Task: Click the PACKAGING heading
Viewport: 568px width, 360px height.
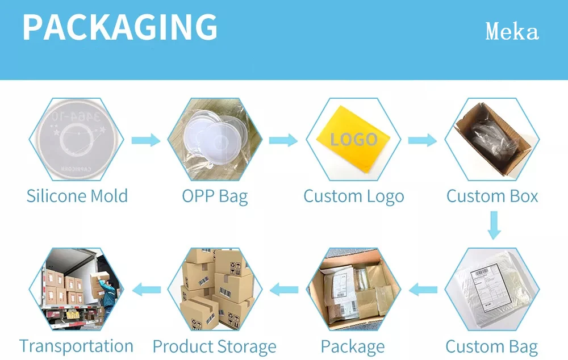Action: tap(120, 27)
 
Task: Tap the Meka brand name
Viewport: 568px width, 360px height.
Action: tap(512, 32)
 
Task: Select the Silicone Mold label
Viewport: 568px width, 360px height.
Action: tap(77, 196)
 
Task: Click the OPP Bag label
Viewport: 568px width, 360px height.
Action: tap(215, 197)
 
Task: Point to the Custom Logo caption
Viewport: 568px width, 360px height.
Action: tap(353, 197)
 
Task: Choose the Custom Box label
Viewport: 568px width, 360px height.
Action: tap(492, 197)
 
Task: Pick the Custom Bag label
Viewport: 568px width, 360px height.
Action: tap(491, 346)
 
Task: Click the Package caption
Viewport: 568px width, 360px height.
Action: tap(353, 346)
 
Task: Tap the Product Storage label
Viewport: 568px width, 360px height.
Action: tap(214, 346)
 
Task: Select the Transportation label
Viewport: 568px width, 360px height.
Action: tap(76, 346)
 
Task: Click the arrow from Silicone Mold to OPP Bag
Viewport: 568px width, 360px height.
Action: tap(146, 140)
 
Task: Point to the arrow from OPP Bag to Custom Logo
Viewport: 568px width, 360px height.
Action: tap(283, 140)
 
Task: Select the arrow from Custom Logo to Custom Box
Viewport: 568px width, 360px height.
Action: tap(422, 140)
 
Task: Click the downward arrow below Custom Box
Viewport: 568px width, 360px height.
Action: tap(494, 225)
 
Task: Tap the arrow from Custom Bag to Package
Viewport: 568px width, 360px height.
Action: tap(423, 290)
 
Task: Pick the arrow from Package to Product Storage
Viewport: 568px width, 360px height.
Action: tap(283, 290)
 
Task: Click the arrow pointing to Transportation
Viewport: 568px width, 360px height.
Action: tap(146, 290)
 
